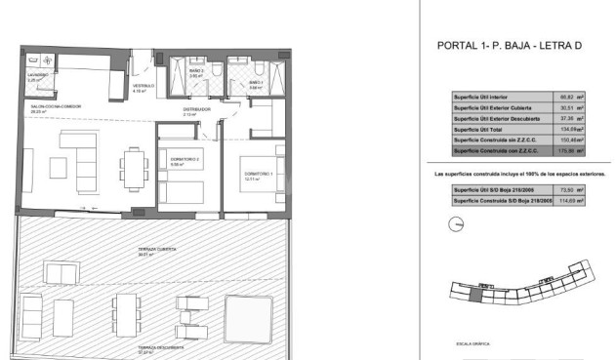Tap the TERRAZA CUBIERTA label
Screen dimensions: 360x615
[x=155, y=252]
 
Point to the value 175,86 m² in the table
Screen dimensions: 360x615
[x=570, y=149]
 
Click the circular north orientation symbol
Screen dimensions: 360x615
[x=451, y=224]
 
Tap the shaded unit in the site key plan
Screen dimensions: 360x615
[x=474, y=296]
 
